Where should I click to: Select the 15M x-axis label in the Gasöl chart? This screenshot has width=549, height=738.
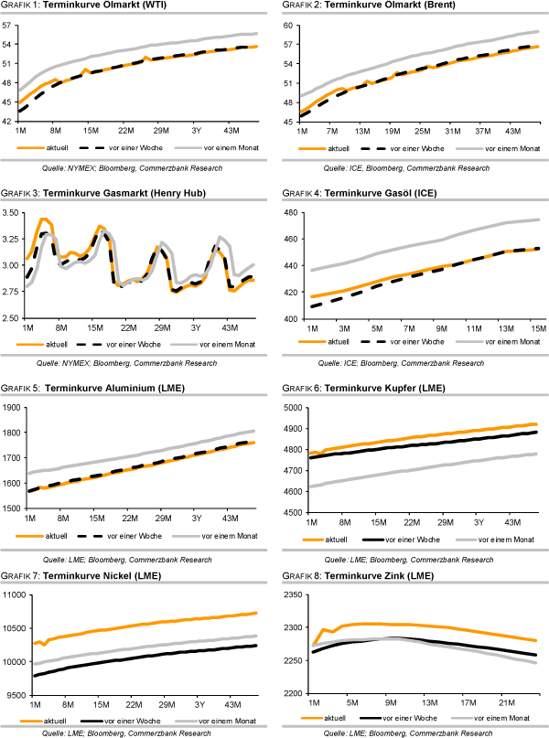[x=537, y=327]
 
